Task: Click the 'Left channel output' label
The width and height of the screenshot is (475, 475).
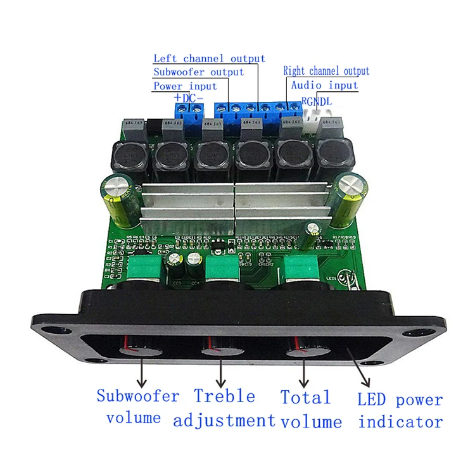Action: (x=209, y=59)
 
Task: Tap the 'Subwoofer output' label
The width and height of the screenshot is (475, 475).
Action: (x=198, y=72)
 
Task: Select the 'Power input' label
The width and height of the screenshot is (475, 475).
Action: (x=185, y=86)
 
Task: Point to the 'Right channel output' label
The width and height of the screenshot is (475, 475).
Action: (x=326, y=71)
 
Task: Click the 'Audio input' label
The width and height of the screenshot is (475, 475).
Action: (x=324, y=85)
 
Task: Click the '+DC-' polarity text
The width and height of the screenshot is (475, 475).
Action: (x=188, y=99)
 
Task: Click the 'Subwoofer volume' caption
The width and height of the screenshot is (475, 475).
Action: (x=137, y=407)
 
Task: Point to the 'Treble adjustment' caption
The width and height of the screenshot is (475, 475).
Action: (x=225, y=408)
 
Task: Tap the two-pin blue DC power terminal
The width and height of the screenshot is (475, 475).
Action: (x=189, y=111)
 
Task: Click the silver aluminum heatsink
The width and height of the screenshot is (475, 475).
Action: (x=234, y=203)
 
